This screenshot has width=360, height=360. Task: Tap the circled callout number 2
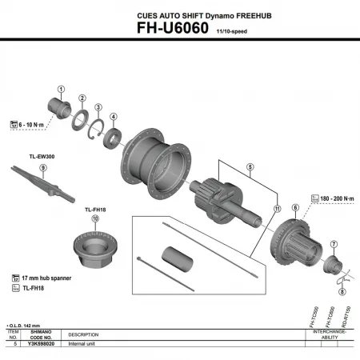pyautogui.click(x=82, y=98)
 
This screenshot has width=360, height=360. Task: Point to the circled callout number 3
pyautogui.click(x=98, y=107)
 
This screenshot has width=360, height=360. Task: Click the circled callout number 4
pyautogui.click(x=114, y=116)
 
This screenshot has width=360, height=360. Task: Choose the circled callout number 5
pyautogui.click(x=250, y=168)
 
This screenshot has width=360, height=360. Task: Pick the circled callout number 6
pyautogui.click(x=295, y=208)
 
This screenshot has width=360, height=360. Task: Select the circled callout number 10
pyautogui.click(x=95, y=218)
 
